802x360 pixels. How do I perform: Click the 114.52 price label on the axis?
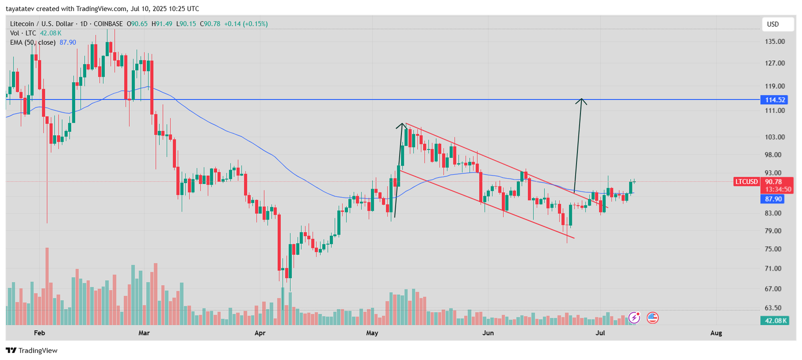pyautogui.click(x=774, y=100)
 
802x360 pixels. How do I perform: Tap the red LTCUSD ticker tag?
pyautogui.click(x=746, y=182)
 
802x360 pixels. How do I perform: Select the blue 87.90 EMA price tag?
pyautogui.click(x=773, y=199)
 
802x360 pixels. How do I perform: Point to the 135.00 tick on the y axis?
pyautogui.click(x=774, y=42)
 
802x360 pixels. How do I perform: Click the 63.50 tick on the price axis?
pyautogui.click(x=773, y=308)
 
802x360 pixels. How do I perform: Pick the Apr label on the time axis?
pyautogui.click(x=260, y=333)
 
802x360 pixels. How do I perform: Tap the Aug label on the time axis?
pyautogui.click(x=716, y=333)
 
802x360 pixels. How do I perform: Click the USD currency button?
pyautogui.click(x=773, y=24)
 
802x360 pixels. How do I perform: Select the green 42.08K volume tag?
pyautogui.click(x=775, y=320)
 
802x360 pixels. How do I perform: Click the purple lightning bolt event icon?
pyautogui.click(x=635, y=317)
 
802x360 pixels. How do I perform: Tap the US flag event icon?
pyautogui.click(x=652, y=317)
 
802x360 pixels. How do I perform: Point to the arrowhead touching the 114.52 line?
pyautogui.click(x=581, y=101)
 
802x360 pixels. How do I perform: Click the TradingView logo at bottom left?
pyautogui.click(x=32, y=350)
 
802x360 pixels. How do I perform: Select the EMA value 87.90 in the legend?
pyautogui.click(x=68, y=43)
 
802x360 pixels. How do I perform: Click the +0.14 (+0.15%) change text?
pyautogui.click(x=246, y=24)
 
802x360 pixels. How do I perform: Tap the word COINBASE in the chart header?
pyautogui.click(x=108, y=24)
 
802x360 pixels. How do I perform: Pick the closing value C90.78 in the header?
pyautogui.click(x=210, y=24)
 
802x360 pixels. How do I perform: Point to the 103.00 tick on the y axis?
pyautogui.click(x=774, y=137)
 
